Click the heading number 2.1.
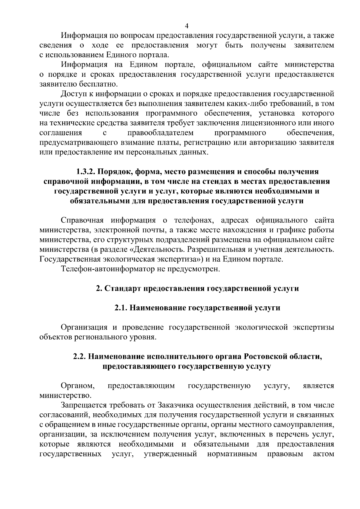121,308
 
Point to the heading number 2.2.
80,357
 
